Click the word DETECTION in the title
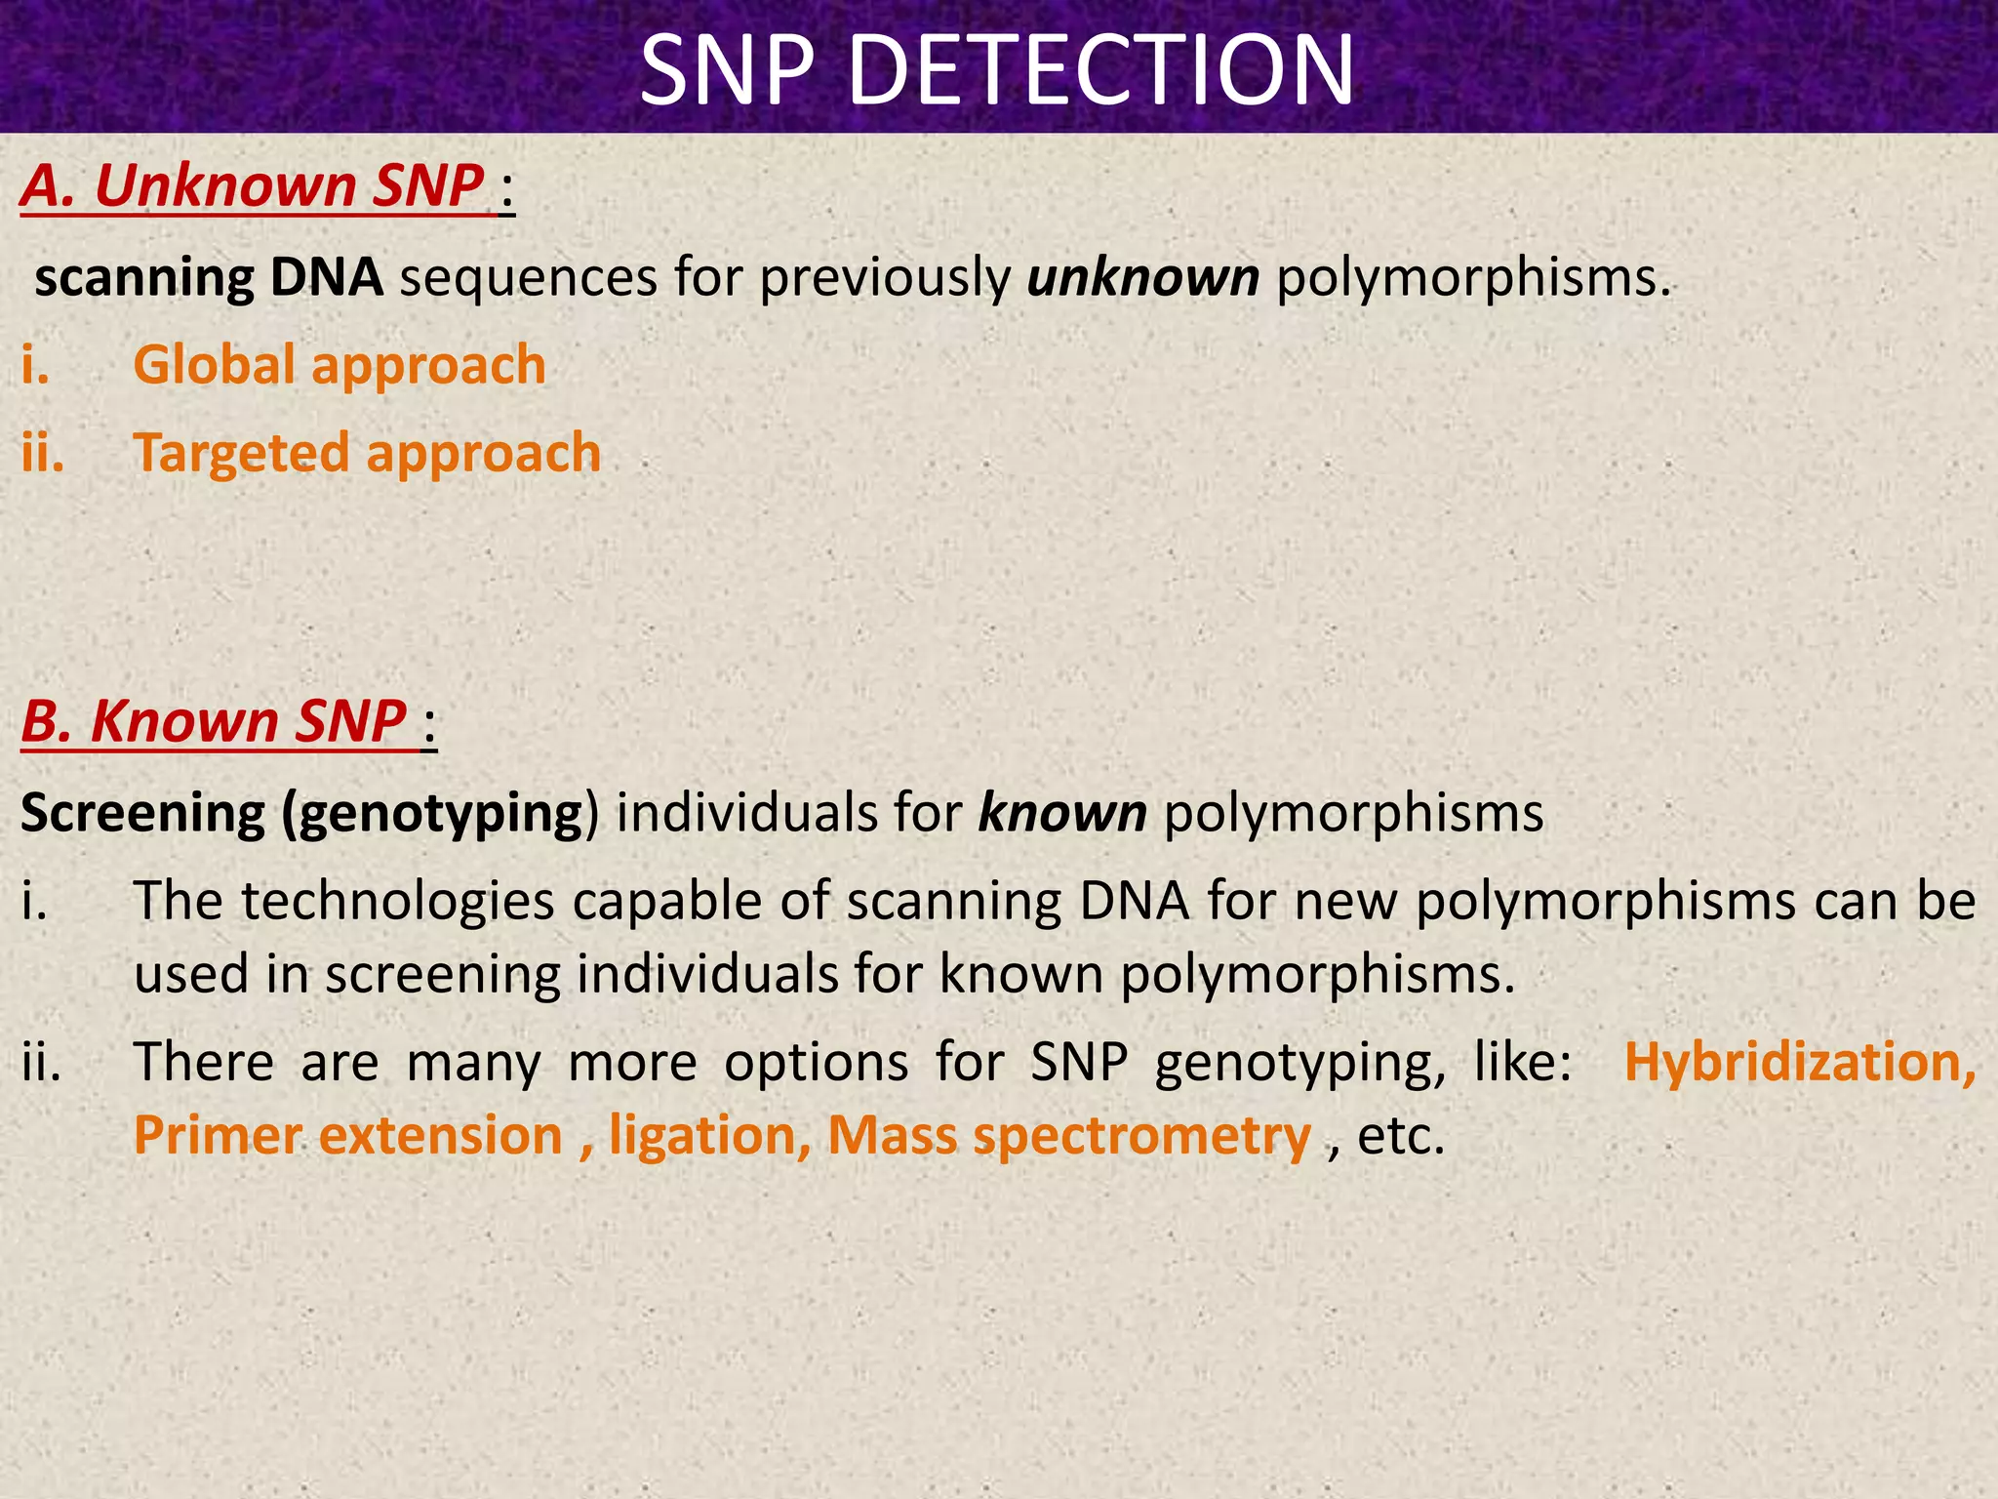pyautogui.click(x=1101, y=70)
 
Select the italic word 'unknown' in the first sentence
pyautogui.click(x=1142, y=278)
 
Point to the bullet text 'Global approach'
pyautogui.click(x=339, y=365)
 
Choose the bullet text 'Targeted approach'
pyautogui.click(x=367, y=454)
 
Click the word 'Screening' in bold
pyautogui.click(x=142, y=813)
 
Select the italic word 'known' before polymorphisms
pyautogui.click(x=1061, y=813)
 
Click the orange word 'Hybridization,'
pyautogui.click(x=1799, y=1063)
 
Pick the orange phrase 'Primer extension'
pyautogui.click(x=348, y=1136)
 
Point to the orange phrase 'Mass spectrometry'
pyautogui.click(x=1068, y=1136)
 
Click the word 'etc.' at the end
pyautogui.click(x=1400, y=1136)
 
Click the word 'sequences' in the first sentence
pyautogui.click(x=528, y=278)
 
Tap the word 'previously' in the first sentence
pyautogui.click(x=884, y=278)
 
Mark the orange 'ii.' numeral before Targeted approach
pyautogui.click(x=43, y=454)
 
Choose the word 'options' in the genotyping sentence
pyautogui.click(x=816, y=1063)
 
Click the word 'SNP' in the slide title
pyautogui.click(x=727, y=70)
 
